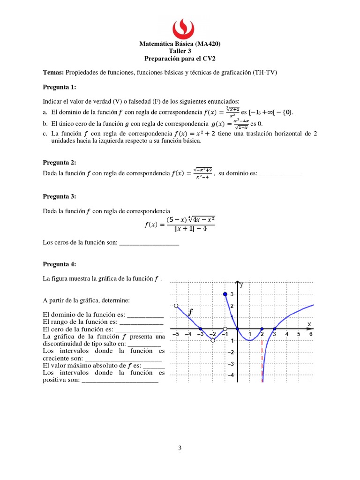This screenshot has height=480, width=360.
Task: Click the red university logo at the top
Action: tap(180, 29)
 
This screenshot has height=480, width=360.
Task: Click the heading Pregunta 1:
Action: tap(59, 87)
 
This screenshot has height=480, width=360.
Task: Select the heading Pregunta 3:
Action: tap(59, 196)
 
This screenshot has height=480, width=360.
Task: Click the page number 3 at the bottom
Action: tap(180, 448)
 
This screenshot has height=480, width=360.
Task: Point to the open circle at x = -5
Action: tap(176, 306)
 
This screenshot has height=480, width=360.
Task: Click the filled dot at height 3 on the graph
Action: tap(225, 294)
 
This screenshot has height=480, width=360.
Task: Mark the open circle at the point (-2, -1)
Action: tap(213, 340)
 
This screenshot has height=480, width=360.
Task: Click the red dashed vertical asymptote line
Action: tap(262, 356)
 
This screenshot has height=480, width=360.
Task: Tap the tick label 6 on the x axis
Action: tap(311, 334)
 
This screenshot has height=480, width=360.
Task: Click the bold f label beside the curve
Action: tap(190, 311)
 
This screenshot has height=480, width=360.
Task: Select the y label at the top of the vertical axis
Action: tap(242, 284)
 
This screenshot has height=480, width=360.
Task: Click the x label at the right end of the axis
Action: tap(309, 324)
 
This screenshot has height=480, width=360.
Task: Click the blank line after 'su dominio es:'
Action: tap(281, 174)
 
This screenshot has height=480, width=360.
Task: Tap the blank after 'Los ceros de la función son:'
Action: tap(150, 242)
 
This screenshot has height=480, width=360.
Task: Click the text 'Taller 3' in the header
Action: tap(180, 52)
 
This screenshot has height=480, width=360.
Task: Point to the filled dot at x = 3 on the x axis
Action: tap(274, 329)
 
